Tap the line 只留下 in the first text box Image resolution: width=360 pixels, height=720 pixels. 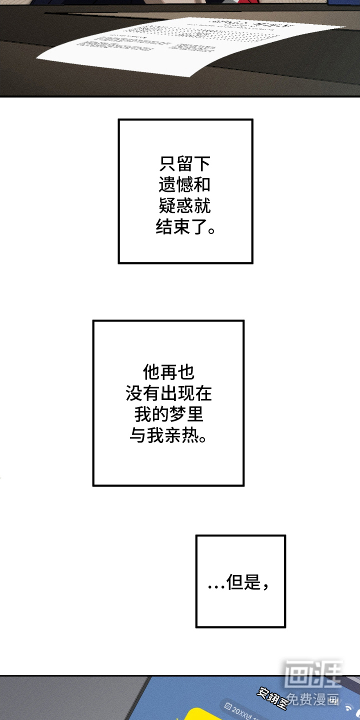coord(185,164)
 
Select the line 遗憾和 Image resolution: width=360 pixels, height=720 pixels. coord(185,185)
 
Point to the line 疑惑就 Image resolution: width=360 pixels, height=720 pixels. coord(185,206)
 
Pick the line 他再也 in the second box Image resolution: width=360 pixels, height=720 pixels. coord(168,372)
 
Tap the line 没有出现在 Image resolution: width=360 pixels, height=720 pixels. coord(168,393)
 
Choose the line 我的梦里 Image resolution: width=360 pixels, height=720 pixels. coord(168,415)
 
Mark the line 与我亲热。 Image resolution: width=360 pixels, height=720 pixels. coord(168,436)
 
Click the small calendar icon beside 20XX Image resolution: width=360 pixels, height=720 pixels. coord(228,707)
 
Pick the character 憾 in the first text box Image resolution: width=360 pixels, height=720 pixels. coord(185,185)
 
